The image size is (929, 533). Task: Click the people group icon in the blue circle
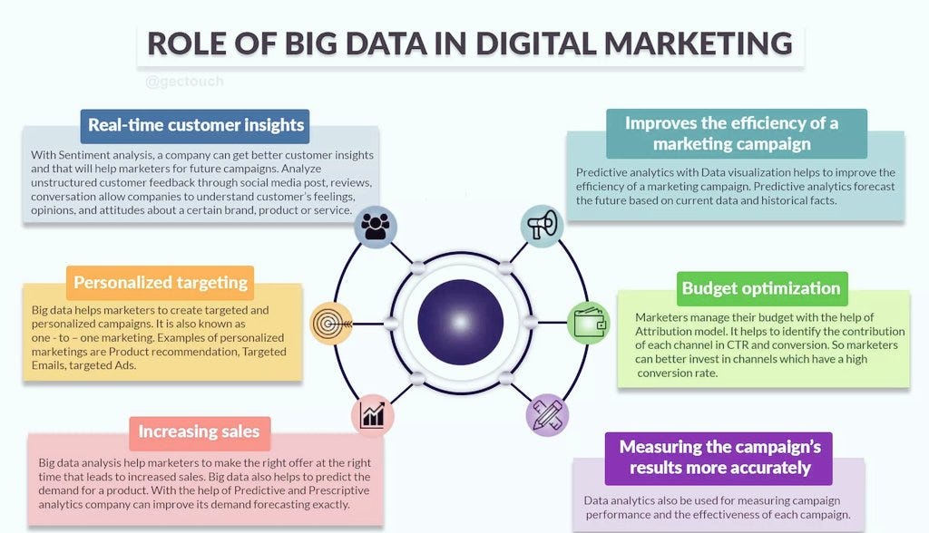point(376,227)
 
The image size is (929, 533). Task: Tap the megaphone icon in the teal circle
point(542,226)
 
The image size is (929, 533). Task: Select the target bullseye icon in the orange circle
point(330,323)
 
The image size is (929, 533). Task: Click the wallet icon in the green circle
point(589,323)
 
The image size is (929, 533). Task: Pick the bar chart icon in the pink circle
point(373,414)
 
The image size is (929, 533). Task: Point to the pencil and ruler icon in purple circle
point(547,414)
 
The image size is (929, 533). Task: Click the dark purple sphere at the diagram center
point(460,322)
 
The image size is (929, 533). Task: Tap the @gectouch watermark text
point(184,82)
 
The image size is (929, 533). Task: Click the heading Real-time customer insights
point(195,125)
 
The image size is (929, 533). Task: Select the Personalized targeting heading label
point(161,282)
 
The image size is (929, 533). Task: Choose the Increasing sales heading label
point(199,431)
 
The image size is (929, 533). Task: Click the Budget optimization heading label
point(761,288)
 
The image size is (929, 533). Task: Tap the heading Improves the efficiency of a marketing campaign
point(731,132)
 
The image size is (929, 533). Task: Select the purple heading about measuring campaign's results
point(719,457)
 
